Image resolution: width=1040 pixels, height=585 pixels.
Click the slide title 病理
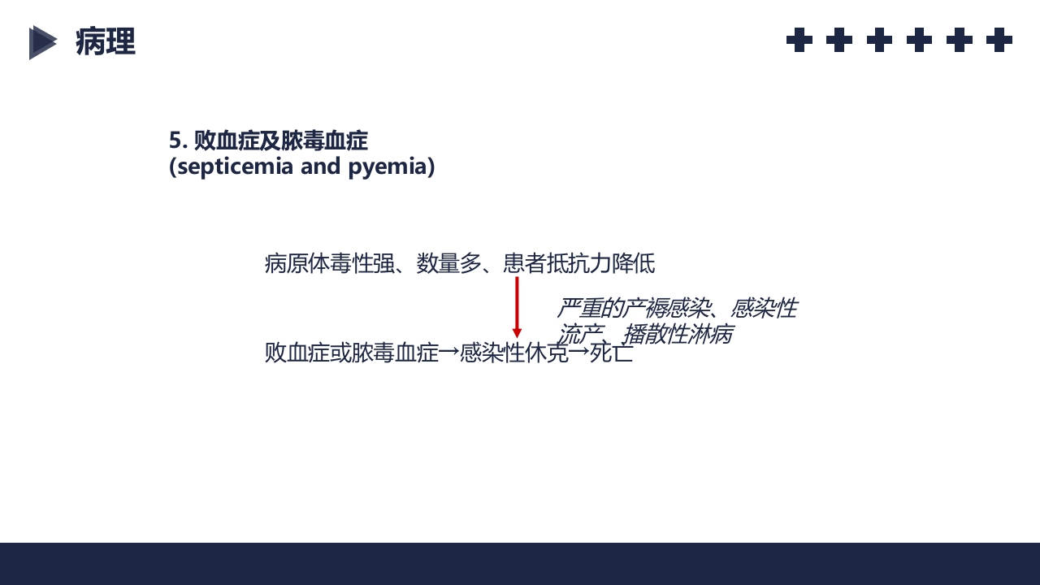[106, 42]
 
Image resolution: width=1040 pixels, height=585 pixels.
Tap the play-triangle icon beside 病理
[42, 42]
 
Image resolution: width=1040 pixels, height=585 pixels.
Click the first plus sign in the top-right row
[799, 40]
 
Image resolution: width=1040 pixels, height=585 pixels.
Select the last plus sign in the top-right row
[999, 40]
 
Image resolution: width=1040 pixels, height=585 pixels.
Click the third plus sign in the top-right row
[879, 40]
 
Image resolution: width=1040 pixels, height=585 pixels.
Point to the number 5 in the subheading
[175, 141]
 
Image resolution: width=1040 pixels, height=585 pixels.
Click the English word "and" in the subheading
[323, 167]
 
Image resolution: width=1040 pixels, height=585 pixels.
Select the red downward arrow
[517, 307]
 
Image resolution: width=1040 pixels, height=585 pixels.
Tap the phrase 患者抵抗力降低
[579, 264]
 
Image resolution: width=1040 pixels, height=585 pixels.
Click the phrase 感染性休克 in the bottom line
[514, 353]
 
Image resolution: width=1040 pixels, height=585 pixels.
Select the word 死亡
[612, 353]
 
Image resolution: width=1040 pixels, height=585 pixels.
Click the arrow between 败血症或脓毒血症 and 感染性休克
[449, 353]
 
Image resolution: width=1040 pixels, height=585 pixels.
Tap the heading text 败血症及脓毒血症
[280, 141]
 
